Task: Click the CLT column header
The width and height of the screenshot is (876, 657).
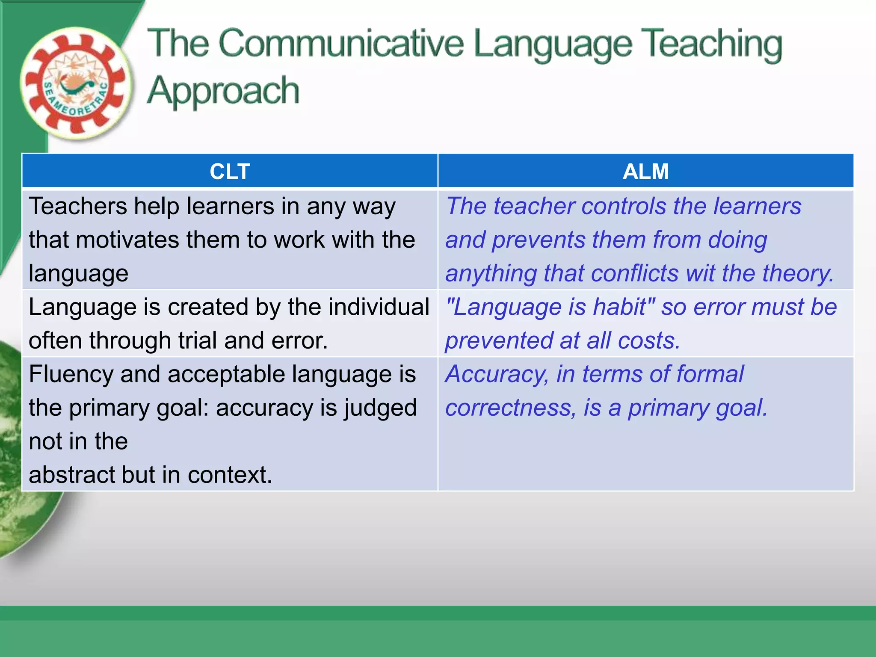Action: pyautogui.click(x=230, y=172)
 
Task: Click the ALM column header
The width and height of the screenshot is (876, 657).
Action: pyautogui.click(x=645, y=172)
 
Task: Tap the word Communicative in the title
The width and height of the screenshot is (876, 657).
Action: pyautogui.click(x=341, y=44)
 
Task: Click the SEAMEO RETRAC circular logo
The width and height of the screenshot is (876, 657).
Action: pyautogui.click(x=76, y=84)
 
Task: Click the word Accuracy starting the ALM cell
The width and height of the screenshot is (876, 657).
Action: pyautogui.click(x=497, y=375)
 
